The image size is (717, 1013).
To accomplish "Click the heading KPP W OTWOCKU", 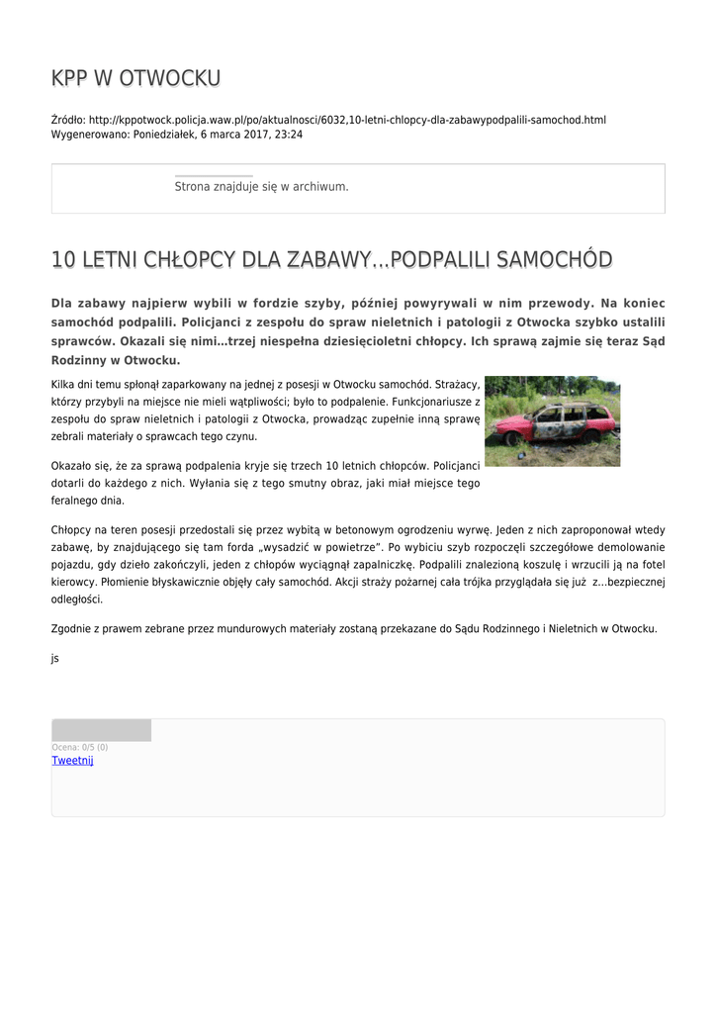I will [x=135, y=78].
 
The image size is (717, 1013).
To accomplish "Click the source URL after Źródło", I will [x=347, y=120].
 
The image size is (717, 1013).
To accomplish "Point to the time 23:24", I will [x=290, y=135].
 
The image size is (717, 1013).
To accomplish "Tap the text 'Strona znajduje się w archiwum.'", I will [x=261, y=186].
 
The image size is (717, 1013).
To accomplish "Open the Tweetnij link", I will [x=72, y=761].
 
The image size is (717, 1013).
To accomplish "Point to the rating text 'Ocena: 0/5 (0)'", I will [x=80, y=747].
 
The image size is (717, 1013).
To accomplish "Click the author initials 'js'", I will [x=54, y=657].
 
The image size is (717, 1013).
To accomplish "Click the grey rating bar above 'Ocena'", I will [x=101, y=730].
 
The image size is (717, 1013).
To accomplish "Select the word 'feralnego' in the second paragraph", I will [x=76, y=501].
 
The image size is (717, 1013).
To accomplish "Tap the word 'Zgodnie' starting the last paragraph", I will [x=70, y=628].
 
